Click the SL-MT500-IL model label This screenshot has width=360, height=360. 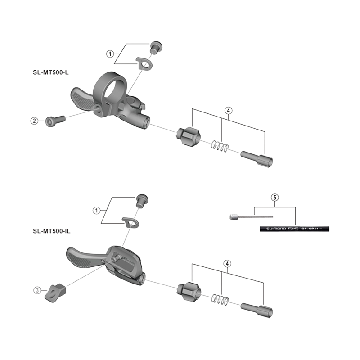52,232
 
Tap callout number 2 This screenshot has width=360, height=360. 34,121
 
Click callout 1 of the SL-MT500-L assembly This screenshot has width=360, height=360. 110,54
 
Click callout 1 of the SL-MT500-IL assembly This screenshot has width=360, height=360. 96,210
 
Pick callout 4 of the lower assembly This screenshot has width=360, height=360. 229,264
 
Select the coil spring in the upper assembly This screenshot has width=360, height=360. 220,146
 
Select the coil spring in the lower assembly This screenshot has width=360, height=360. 220,298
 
